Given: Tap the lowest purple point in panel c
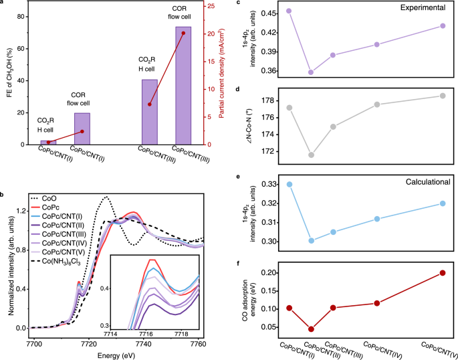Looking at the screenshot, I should (310, 72).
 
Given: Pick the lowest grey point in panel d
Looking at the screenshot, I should (311, 155).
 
